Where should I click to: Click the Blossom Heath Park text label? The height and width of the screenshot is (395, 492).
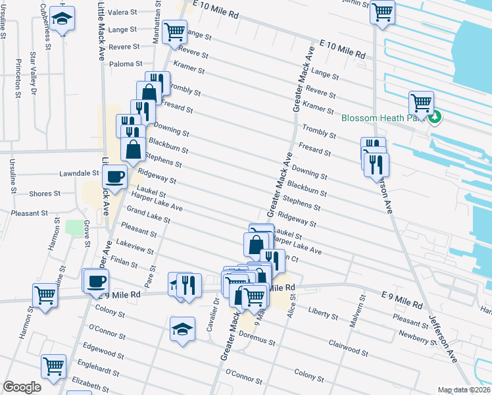(383, 118)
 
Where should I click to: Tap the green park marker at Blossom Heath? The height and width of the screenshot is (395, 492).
(435, 118)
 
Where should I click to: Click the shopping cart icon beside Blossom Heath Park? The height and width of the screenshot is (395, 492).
(420, 103)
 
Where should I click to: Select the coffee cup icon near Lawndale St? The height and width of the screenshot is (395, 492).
(115, 176)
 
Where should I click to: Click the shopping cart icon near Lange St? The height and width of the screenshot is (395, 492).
(174, 31)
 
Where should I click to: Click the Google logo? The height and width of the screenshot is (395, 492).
(22, 387)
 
